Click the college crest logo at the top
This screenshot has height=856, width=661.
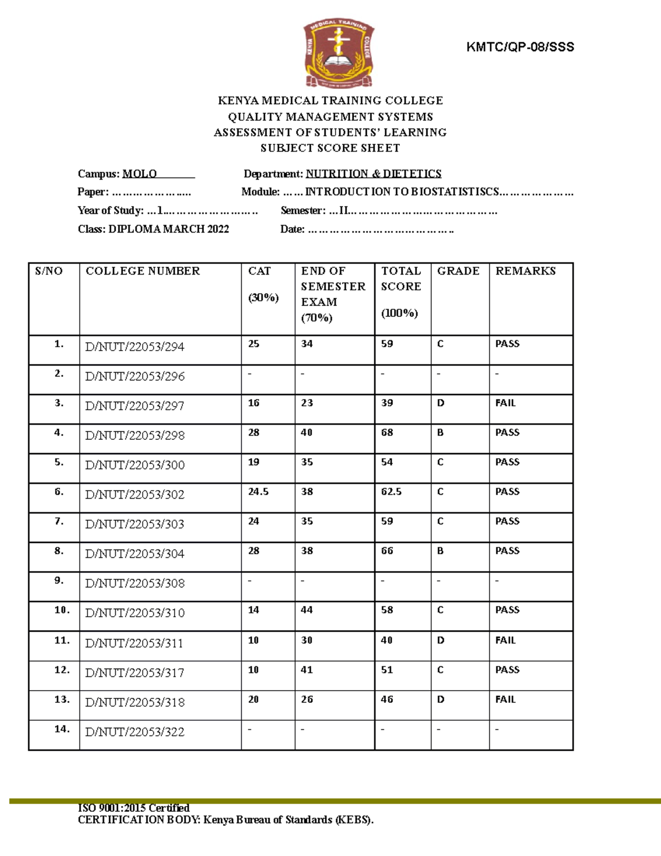(339, 54)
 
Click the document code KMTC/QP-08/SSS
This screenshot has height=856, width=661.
(520, 47)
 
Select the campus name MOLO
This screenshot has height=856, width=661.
(139, 174)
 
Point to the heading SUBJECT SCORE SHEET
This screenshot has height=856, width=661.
(330, 148)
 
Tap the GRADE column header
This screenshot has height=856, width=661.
(458, 271)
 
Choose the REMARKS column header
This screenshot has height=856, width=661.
(525, 271)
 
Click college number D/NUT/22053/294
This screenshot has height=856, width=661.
(135, 347)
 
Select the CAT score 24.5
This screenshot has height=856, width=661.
(258, 492)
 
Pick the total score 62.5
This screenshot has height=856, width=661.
(391, 492)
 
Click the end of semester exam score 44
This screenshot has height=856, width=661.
(307, 610)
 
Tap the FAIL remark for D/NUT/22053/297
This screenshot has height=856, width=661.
(505, 403)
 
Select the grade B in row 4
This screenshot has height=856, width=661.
(440, 433)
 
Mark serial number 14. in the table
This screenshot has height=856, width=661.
(62, 729)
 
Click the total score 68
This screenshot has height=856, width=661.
(387, 433)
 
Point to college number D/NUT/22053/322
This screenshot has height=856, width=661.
(135, 732)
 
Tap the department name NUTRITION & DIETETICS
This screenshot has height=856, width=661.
(373, 174)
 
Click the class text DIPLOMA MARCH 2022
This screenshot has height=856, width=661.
(169, 229)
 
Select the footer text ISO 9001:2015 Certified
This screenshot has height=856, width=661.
(134, 808)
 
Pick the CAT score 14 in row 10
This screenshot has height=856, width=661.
(253, 610)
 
